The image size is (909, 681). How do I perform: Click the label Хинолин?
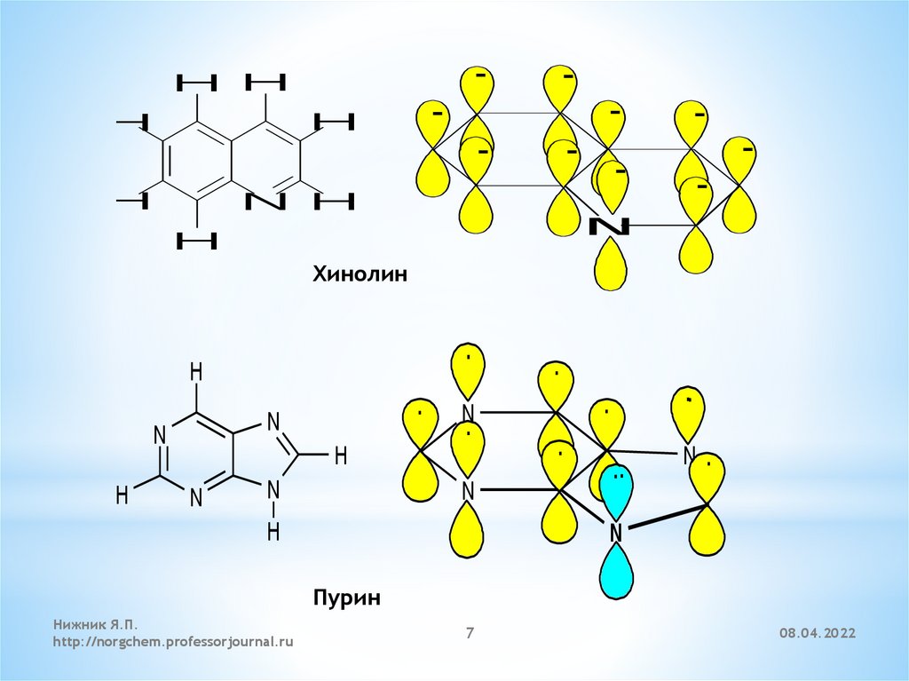click(359, 274)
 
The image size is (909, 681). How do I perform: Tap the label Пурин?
click(346, 598)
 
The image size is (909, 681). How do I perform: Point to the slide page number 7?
click(470, 632)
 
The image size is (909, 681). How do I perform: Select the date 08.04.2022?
click(818, 633)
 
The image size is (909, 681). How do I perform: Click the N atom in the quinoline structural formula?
click(266, 202)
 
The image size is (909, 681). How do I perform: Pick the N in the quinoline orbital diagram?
click(610, 226)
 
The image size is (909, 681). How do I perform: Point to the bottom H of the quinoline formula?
click(196, 239)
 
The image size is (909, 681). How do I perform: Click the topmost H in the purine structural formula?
click(196, 371)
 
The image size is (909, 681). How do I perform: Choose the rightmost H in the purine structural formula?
click(339, 455)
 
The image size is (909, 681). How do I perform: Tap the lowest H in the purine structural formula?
click(273, 531)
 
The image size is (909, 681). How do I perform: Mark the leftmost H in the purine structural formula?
click(122, 495)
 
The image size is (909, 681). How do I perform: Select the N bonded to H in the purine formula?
click(273, 488)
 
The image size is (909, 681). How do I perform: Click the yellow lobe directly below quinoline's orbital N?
click(610, 265)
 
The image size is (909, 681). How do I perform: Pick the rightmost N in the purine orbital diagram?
click(689, 455)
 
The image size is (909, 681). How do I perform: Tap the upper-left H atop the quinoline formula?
click(196, 83)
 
